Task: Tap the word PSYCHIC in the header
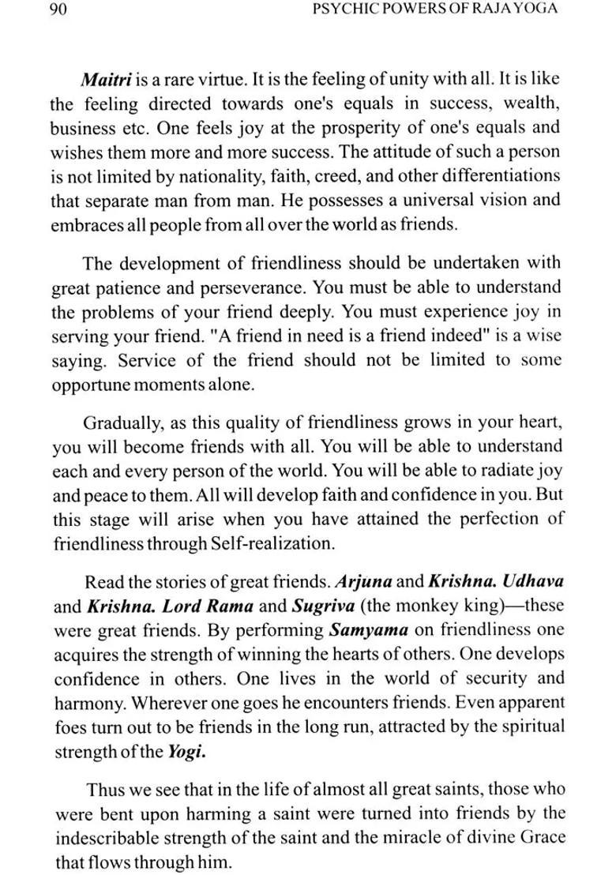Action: (x=344, y=10)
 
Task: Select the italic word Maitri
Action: (x=107, y=80)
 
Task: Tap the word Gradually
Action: (x=119, y=422)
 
